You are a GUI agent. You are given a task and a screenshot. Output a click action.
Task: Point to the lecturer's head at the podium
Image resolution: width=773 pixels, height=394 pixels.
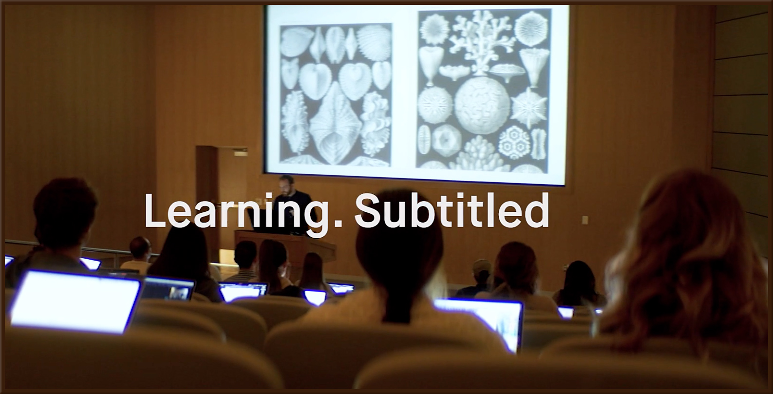tap(286, 185)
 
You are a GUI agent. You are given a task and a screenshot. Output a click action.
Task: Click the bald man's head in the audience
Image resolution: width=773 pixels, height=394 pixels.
tap(140, 247)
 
